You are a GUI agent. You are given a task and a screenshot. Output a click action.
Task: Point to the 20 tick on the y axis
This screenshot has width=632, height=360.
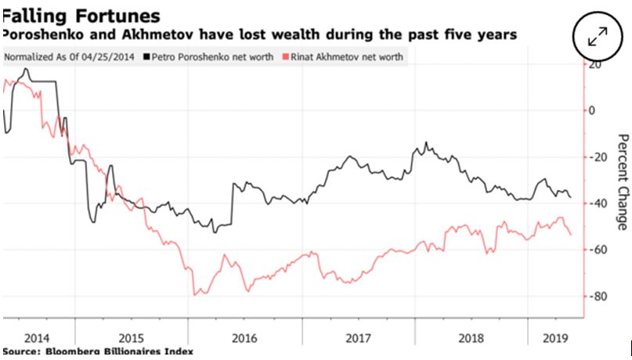coord(598,65)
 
